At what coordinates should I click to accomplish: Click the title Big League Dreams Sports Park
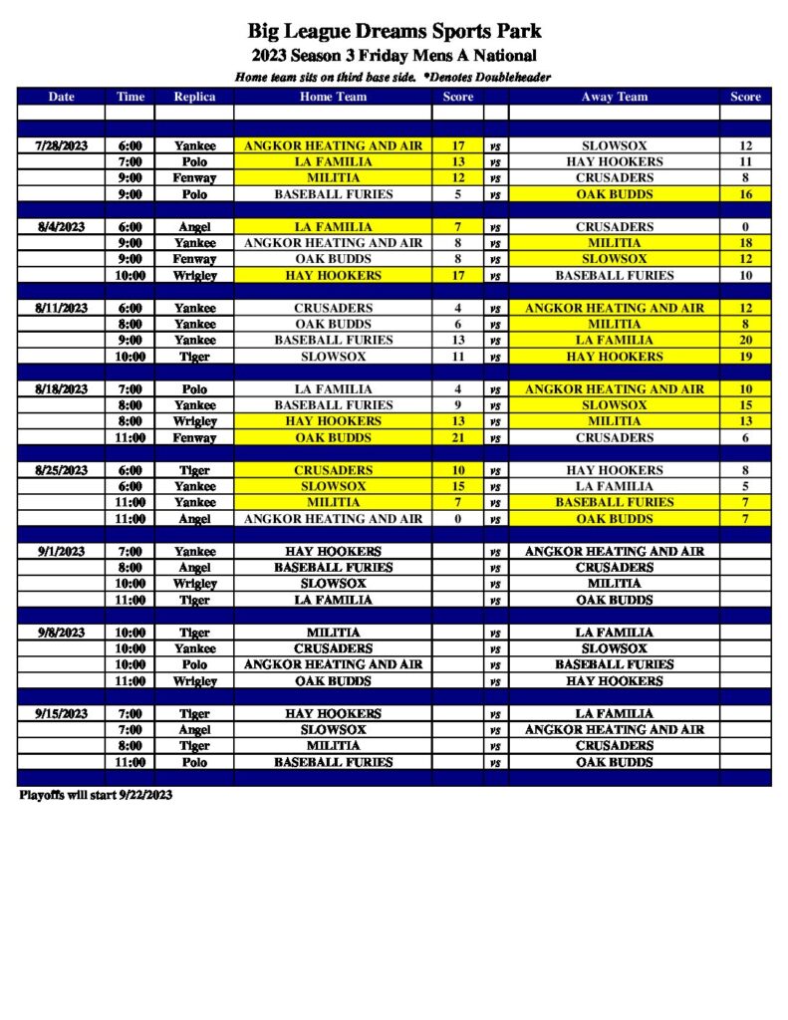tap(394, 32)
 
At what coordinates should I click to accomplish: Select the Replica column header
tap(194, 97)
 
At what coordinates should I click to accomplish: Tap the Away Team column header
tap(614, 97)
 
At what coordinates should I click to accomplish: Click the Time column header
tap(131, 97)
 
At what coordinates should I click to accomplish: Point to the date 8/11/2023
tap(62, 308)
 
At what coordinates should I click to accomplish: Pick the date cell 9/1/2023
tap(62, 551)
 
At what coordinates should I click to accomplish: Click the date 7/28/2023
tap(62, 145)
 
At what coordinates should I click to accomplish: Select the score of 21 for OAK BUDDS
tap(458, 437)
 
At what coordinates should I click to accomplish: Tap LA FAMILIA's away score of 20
tap(745, 340)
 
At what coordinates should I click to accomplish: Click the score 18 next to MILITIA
tap(745, 243)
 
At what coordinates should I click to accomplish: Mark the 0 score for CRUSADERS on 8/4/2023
tap(745, 227)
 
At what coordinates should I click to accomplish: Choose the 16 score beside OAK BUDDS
tap(745, 194)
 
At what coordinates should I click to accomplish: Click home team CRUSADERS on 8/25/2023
tap(334, 470)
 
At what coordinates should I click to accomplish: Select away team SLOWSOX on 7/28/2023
tap(614, 145)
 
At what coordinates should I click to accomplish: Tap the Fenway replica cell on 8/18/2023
tap(194, 437)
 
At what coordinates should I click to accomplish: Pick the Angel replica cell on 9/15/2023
tap(194, 729)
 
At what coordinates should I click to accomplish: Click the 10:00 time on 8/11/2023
tap(131, 357)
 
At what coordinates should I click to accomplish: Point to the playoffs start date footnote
tap(96, 795)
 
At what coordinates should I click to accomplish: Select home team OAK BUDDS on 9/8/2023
tap(334, 681)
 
